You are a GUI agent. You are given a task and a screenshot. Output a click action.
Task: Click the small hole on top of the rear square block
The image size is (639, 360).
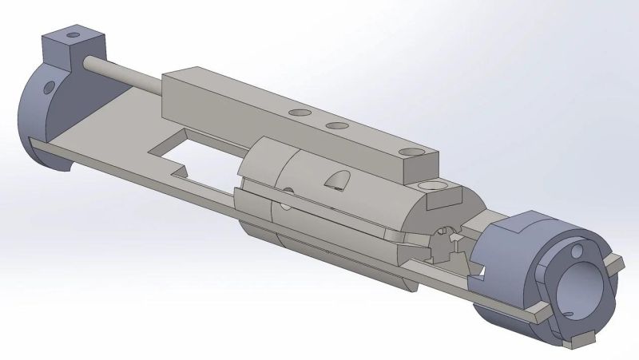point(74,36)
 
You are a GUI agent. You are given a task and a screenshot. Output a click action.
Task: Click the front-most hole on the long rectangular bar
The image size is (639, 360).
point(411,149)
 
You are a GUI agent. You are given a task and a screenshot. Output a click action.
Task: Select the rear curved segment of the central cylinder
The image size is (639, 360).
point(260,172)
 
